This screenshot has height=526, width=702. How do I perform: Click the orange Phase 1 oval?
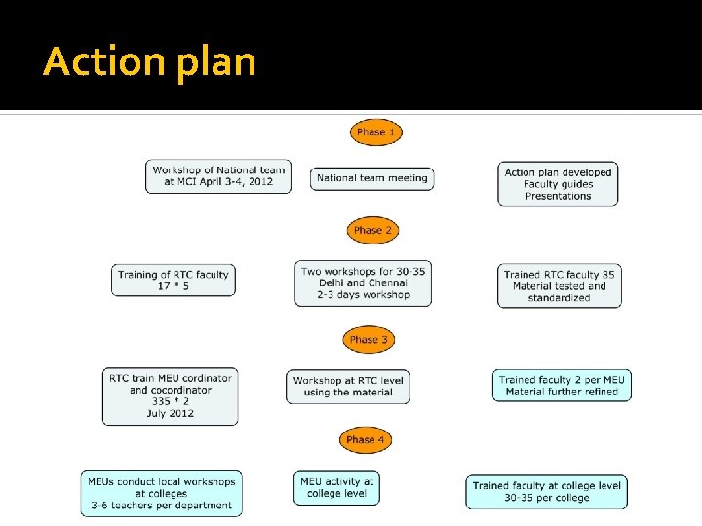(x=376, y=131)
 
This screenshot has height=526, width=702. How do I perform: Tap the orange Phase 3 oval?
(x=370, y=340)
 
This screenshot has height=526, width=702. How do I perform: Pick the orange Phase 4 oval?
(x=366, y=439)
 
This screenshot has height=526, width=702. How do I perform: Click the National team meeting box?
(x=372, y=178)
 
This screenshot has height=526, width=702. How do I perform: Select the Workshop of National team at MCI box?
(x=218, y=176)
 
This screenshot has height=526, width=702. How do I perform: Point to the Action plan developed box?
(x=558, y=184)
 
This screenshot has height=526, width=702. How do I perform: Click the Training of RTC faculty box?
(x=174, y=281)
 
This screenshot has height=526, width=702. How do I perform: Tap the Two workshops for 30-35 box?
(x=364, y=282)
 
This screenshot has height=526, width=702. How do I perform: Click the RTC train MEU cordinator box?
(x=171, y=395)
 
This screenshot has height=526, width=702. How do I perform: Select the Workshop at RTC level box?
(x=348, y=386)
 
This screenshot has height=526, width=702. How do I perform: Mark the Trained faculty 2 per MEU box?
(x=562, y=385)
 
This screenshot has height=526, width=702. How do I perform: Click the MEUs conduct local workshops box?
(x=161, y=494)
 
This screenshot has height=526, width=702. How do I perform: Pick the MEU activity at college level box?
(x=337, y=487)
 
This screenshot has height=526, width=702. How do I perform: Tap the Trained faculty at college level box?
(x=546, y=492)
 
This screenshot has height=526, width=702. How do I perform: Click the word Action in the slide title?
(x=104, y=61)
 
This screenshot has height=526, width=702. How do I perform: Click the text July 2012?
(x=170, y=414)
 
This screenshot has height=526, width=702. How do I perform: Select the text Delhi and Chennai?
(x=364, y=282)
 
